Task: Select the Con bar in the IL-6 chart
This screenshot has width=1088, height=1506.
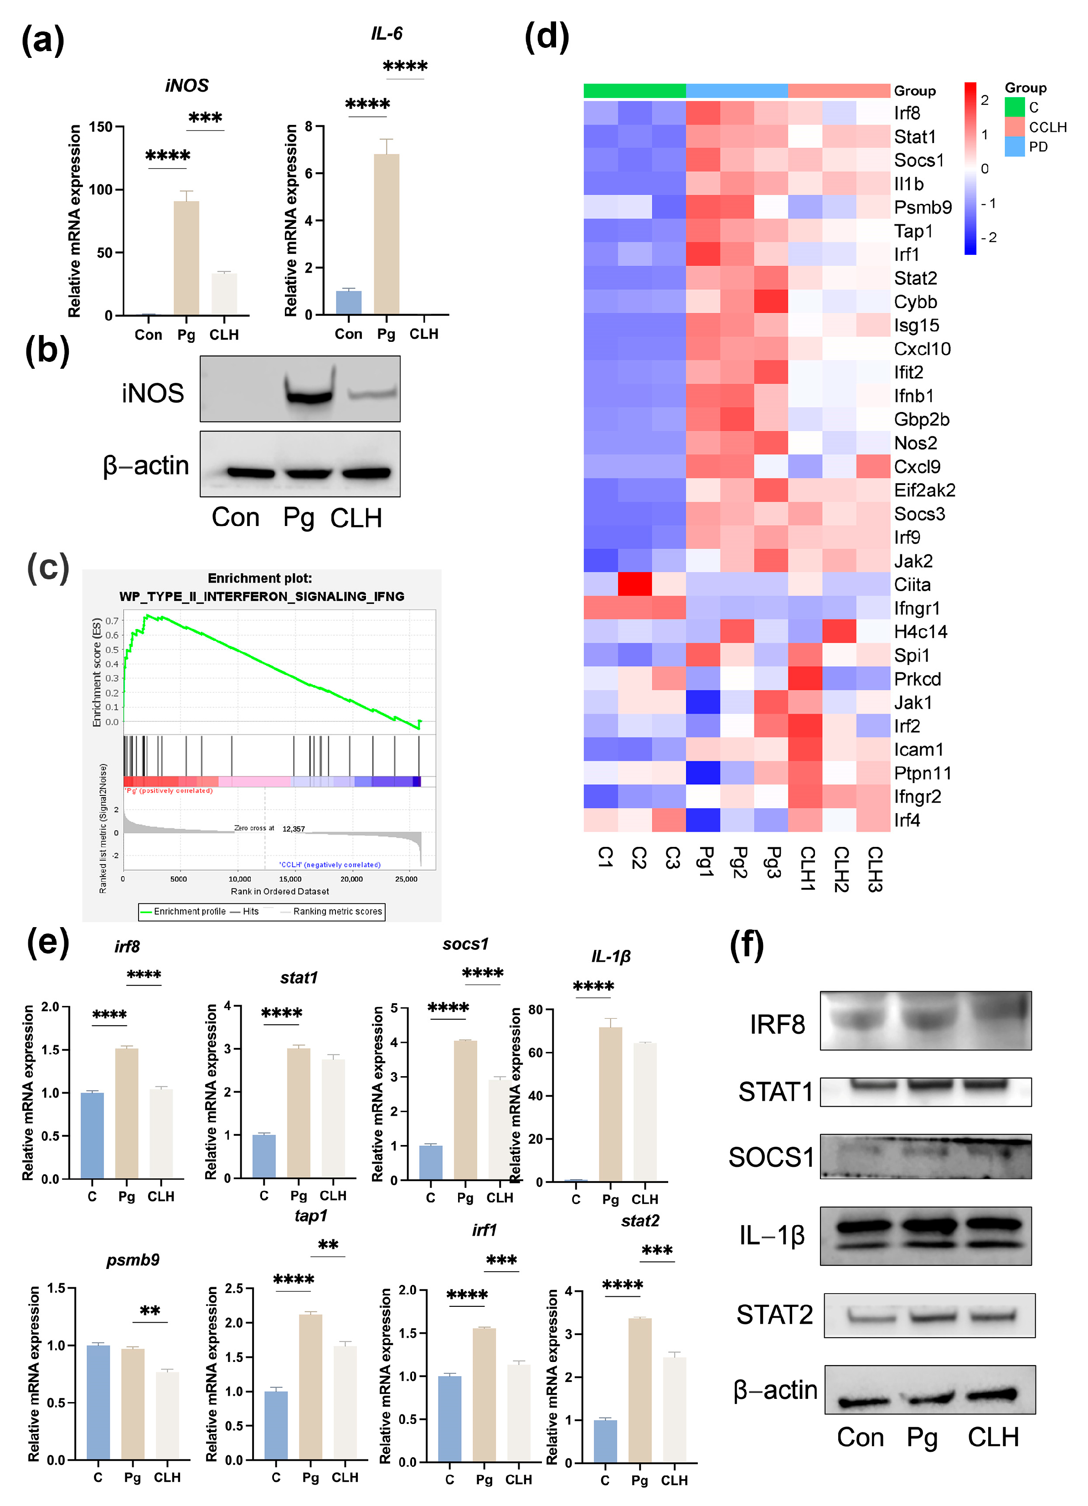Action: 349,302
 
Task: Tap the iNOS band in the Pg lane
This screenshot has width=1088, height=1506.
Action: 308,396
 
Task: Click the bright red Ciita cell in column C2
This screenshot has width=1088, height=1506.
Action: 634,584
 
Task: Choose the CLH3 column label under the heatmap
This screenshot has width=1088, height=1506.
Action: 874,868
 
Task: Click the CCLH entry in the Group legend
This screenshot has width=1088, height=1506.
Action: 1047,127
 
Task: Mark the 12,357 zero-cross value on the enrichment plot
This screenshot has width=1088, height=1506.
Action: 294,829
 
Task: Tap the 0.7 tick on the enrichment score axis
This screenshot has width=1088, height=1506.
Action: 112,620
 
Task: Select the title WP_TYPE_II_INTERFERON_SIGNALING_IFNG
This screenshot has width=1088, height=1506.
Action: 262,596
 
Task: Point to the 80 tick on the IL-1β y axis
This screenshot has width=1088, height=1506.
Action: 535,1010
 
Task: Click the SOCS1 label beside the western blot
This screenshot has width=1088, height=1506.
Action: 771,1157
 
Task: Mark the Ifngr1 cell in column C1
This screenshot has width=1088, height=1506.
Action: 601,608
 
